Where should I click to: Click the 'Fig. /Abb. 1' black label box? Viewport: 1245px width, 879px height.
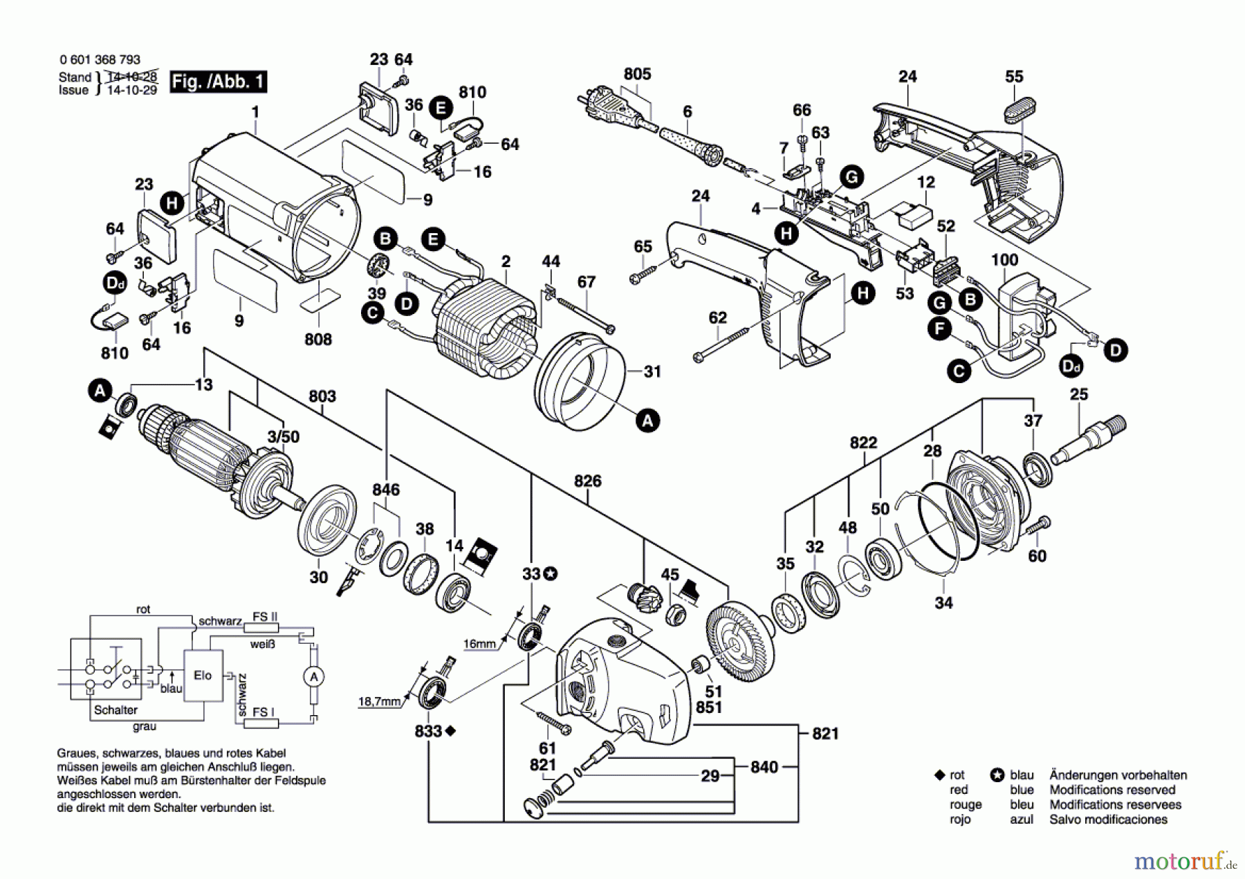[x=218, y=82]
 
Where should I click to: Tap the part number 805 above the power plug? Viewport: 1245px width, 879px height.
[x=637, y=74]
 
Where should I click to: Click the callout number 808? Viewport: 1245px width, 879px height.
[x=318, y=339]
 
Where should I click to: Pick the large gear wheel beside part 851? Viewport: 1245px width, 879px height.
[x=741, y=643]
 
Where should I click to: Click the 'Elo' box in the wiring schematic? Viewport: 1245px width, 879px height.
[x=203, y=676]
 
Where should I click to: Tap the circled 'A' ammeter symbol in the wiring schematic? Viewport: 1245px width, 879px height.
[x=314, y=676]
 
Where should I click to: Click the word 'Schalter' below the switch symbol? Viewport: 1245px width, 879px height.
[x=116, y=710]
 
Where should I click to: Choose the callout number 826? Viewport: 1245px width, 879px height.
[x=587, y=481]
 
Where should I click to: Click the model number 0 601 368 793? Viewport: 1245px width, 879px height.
[x=100, y=60]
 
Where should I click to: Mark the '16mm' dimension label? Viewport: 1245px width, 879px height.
[x=479, y=644]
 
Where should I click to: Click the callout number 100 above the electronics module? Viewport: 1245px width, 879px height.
[x=1004, y=260]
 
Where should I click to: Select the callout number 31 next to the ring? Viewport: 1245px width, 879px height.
[x=652, y=371]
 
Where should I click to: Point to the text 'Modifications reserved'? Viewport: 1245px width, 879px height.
[x=1112, y=790]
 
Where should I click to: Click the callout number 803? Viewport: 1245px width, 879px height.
[x=322, y=396]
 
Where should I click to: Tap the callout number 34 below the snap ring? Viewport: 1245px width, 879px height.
[x=943, y=602]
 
